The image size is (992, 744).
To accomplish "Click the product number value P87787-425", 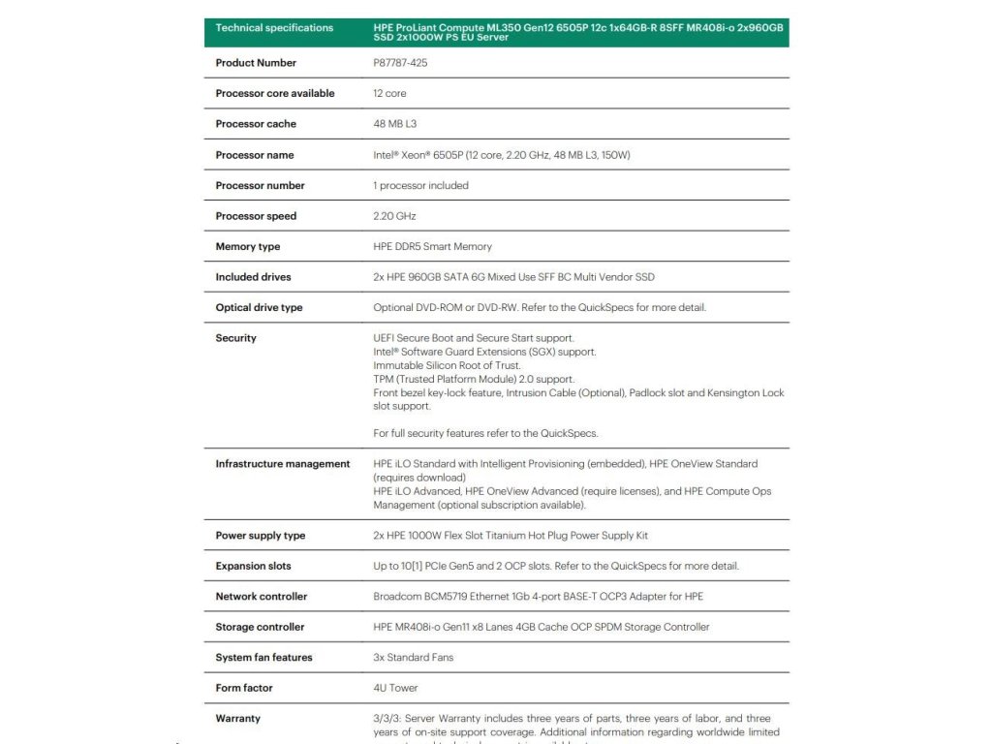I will click(400, 63).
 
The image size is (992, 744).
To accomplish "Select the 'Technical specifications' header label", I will click(274, 28).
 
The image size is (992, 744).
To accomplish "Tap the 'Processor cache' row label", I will click(256, 124).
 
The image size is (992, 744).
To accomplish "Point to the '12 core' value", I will click(389, 94).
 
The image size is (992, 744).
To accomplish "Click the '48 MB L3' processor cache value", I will click(395, 124).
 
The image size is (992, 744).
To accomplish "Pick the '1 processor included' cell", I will click(420, 186).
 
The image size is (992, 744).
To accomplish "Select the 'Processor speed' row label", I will click(256, 216).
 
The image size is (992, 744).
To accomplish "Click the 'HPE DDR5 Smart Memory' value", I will click(432, 247).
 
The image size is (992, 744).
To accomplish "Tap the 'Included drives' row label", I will click(253, 277).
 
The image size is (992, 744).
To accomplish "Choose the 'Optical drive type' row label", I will click(259, 308).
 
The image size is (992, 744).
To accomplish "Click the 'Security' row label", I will click(235, 338).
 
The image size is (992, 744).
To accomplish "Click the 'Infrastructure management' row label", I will click(282, 464).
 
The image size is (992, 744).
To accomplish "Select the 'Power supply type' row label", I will click(260, 536).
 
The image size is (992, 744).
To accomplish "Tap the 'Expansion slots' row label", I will click(253, 566).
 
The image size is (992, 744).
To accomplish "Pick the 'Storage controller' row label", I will click(260, 627).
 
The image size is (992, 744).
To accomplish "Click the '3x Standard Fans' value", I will click(413, 658).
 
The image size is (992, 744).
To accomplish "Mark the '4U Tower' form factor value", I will click(394, 688).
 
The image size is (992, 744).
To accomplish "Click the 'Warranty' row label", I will click(237, 719).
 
